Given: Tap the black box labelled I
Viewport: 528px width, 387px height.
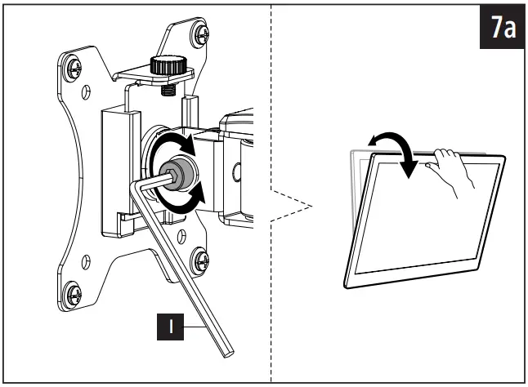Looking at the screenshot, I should [171, 327].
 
